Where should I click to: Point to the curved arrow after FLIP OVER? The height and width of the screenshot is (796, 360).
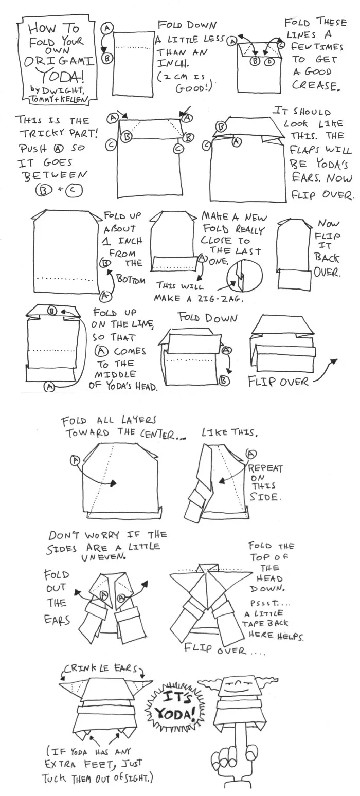[324, 373]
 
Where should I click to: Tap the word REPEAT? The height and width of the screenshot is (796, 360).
[265, 468]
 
